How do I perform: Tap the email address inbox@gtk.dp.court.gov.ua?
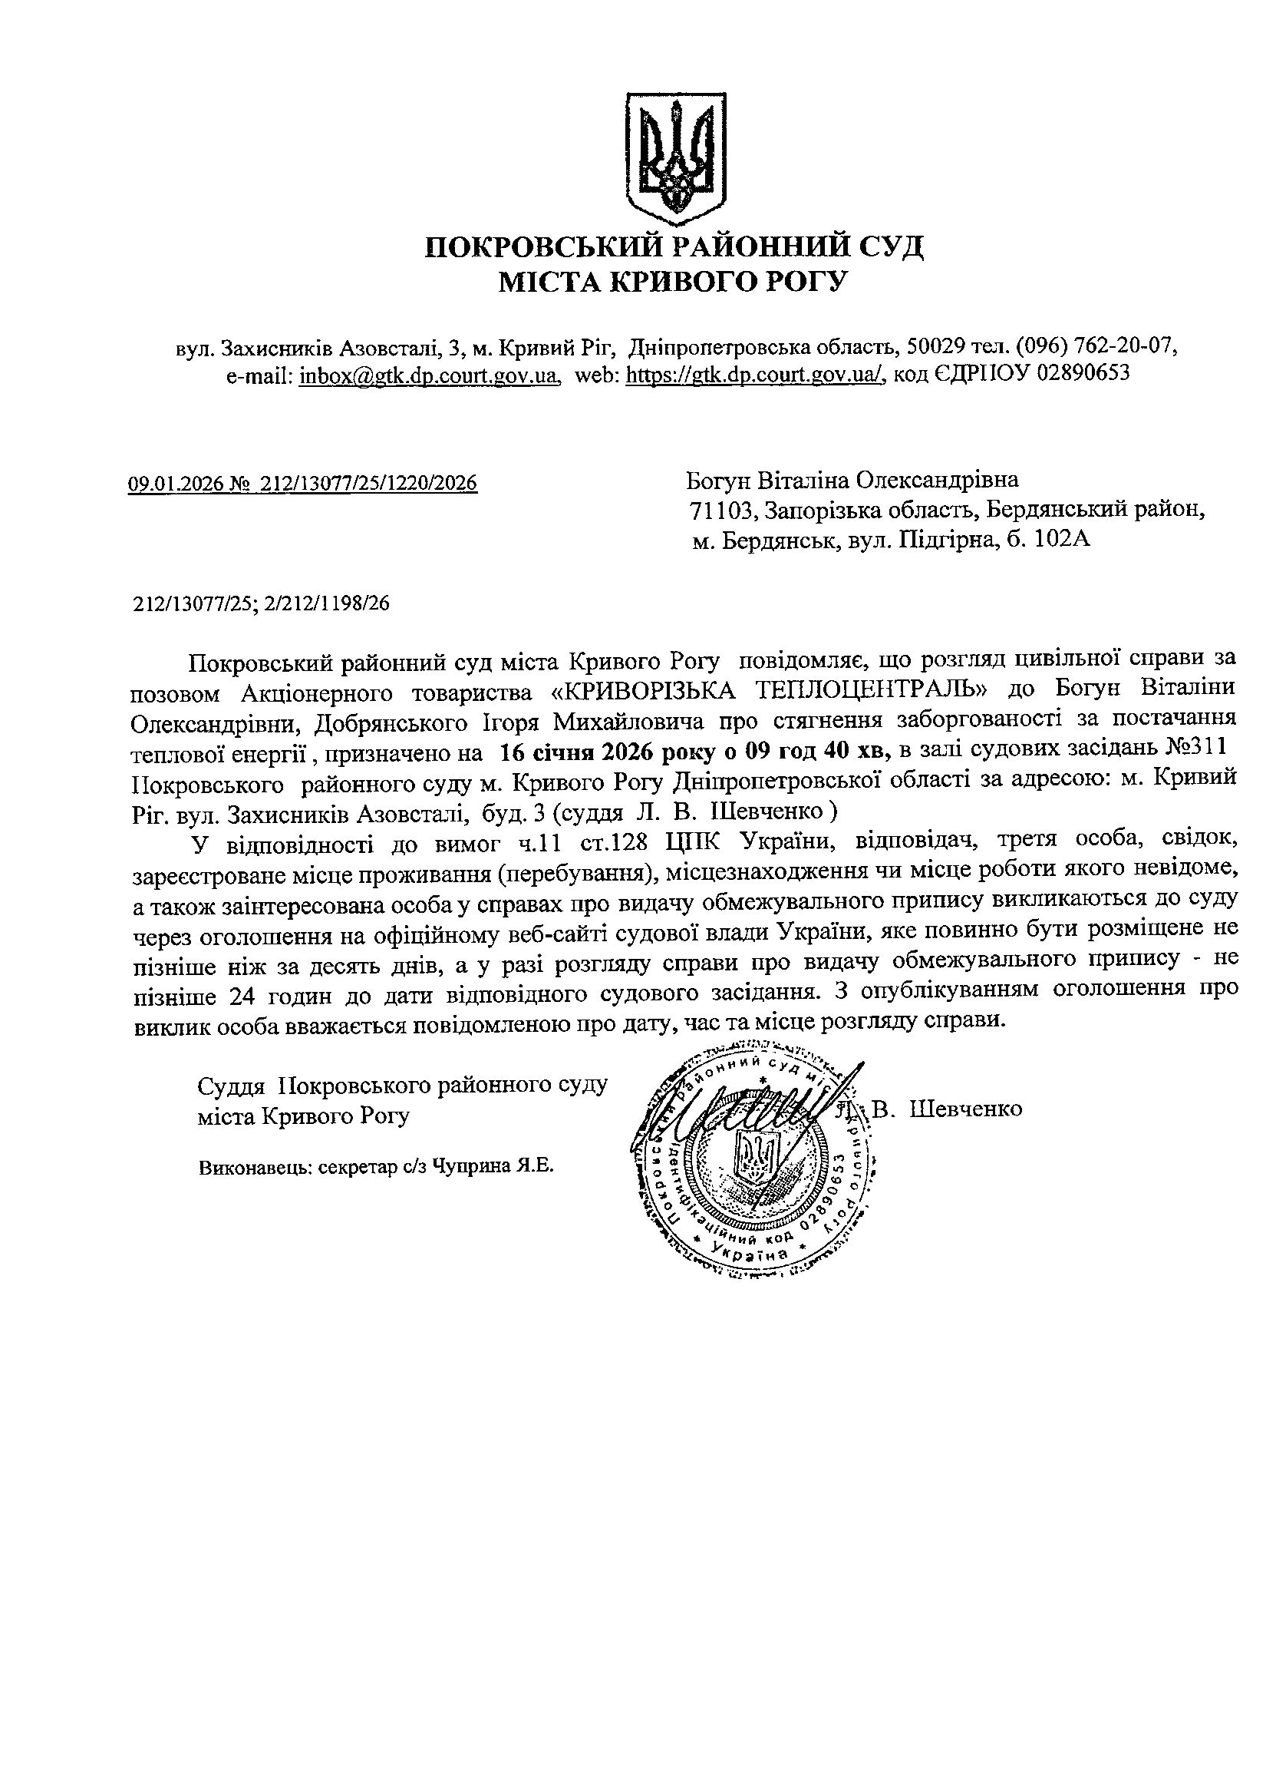(x=429, y=375)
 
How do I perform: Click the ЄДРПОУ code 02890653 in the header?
(x=1083, y=375)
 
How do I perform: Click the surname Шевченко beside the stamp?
(x=967, y=1109)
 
